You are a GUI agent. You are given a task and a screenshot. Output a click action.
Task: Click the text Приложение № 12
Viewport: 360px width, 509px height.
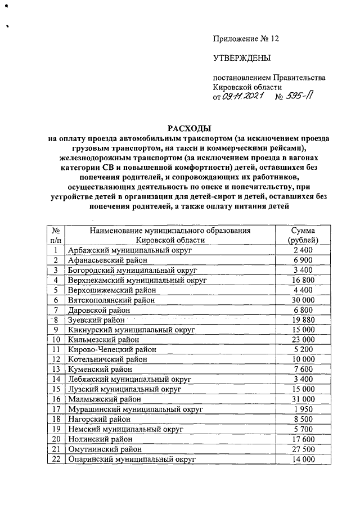[x=246, y=38]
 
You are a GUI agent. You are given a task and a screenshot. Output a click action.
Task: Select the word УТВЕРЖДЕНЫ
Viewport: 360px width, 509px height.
[x=241, y=57]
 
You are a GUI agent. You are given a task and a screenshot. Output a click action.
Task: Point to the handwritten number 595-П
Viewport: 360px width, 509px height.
[x=301, y=96]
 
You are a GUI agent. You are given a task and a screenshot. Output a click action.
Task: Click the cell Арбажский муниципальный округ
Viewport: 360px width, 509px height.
[x=130, y=250]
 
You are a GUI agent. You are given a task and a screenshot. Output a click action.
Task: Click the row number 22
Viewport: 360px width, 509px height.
[x=56, y=460]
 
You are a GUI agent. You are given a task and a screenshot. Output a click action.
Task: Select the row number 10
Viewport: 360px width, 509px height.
[x=56, y=339]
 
